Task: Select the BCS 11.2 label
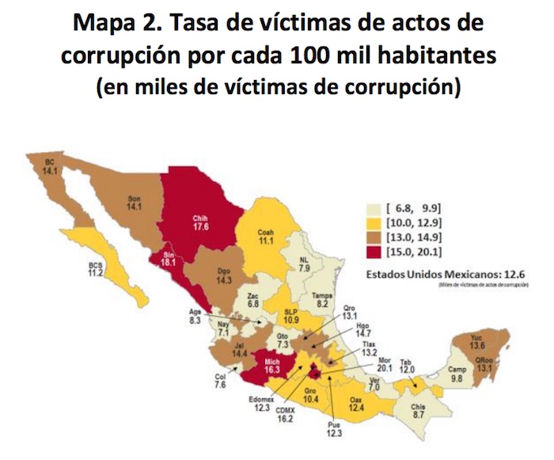[96, 269]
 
